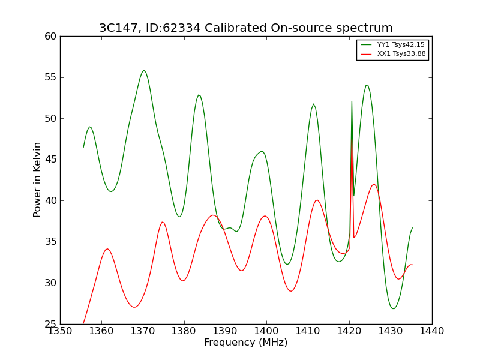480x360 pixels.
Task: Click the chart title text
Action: click(246, 28)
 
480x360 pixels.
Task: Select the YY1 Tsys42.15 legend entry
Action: click(394, 44)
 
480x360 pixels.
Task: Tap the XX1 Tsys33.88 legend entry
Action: click(394, 54)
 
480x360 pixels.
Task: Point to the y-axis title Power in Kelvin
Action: click(37, 180)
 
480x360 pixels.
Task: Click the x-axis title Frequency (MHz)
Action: click(246, 342)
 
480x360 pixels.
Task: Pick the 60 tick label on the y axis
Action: click(50, 37)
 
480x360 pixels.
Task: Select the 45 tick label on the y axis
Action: click(50, 160)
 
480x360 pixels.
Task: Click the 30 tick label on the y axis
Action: click(50, 283)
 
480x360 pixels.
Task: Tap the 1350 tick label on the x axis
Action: click(61, 331)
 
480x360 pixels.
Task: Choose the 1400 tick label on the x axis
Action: click(266, 331)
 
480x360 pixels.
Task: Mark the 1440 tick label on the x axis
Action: click(432, 331)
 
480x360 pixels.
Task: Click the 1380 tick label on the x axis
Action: click(184, 331)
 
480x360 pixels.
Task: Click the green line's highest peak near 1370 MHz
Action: click(144, 70)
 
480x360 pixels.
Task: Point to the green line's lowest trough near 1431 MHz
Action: click(394, 308)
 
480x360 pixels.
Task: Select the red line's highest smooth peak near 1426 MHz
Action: click(374, 184)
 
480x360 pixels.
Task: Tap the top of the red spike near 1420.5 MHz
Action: click(352, 140)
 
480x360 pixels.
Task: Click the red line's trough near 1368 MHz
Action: click(134, 307)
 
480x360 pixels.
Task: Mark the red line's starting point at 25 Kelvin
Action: click(83, 323)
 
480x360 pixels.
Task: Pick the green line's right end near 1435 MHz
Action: click(412, 228)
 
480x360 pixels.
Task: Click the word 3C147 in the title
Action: click(118, 28)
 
